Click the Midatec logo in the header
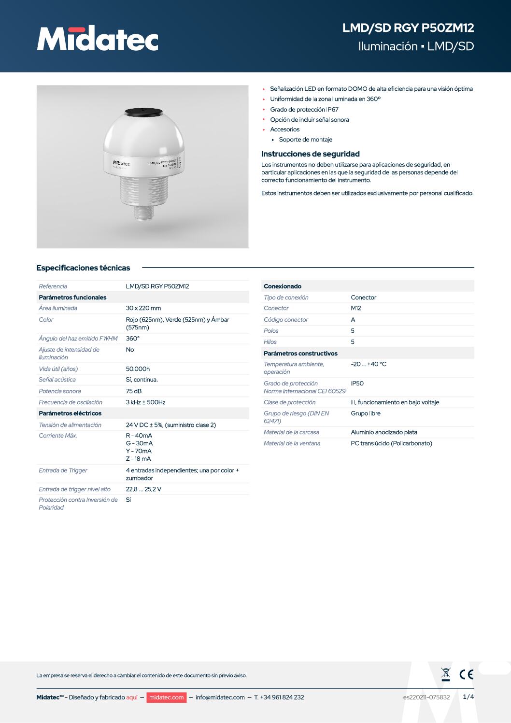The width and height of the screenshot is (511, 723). click(x=98, y=39)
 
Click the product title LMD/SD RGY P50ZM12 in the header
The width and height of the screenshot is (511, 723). click(x=408, y=28)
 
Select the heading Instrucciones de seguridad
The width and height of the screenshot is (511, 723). click(x=311, y=154)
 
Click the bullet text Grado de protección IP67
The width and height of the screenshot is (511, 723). click(x=304, y=110)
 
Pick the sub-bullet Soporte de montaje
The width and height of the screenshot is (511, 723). click(x=306, y=140)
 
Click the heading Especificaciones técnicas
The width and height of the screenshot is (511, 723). click(x=83, y=268)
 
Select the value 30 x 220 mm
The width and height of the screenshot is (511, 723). click(x=143, y=308)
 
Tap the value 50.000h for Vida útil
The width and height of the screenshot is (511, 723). click(x=138, y=369)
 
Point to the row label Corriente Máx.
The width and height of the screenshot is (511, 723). click(x=58, y=436)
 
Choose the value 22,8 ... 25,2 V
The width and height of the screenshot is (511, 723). click(x=143, y=489)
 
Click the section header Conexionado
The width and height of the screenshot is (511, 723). click(x=283, y=286)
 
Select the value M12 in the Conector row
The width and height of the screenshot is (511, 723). click(x=356, y=308)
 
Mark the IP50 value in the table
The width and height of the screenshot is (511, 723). click(x=357, y=383)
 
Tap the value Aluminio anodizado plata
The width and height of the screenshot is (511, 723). click(x=384, y=432)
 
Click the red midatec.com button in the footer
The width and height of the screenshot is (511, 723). click(x=166, y=697)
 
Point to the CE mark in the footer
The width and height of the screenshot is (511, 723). click(x=467, y=674)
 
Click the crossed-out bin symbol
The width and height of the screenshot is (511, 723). click(x=446, y=674)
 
